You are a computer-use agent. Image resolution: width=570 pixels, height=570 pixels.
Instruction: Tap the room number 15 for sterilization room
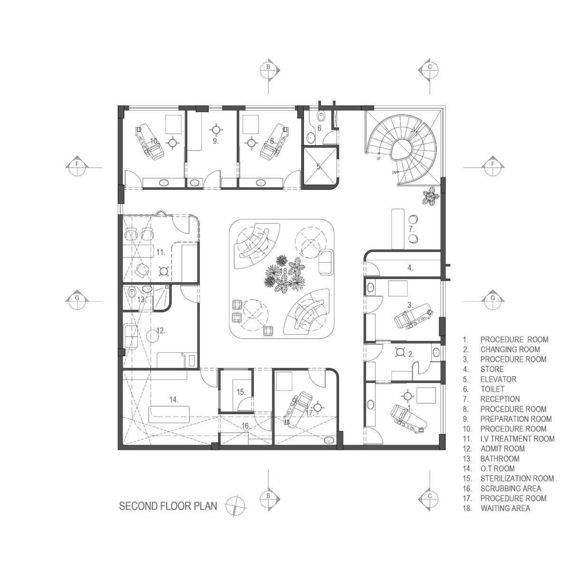(x=241, y=392)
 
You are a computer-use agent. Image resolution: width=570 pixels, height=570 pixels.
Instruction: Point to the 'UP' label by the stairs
(x=379, y=159)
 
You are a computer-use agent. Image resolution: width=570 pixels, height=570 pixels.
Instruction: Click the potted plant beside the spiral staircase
(x=431, y=196)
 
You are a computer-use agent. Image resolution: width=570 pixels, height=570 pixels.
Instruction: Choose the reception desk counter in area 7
(x=398, y=228)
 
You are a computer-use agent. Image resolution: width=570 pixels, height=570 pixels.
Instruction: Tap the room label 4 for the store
(x=409, y=268)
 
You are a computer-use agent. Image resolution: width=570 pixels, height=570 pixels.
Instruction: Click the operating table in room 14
(x=169, y=414)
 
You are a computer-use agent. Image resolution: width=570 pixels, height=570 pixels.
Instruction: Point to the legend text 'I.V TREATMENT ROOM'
(x=517, y=439)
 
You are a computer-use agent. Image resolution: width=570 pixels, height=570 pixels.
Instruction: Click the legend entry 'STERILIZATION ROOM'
(x=517, y=478)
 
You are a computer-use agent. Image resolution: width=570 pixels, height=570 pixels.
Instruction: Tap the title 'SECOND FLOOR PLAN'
(x=168, y=506)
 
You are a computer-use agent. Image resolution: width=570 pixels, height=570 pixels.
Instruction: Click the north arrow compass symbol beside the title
(x=236, y=505)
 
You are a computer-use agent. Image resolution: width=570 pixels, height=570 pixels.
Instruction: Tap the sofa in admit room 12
(x=130, y=336)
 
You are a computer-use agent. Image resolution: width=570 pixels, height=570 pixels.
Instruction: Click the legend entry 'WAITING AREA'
(x=505, y=508)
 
